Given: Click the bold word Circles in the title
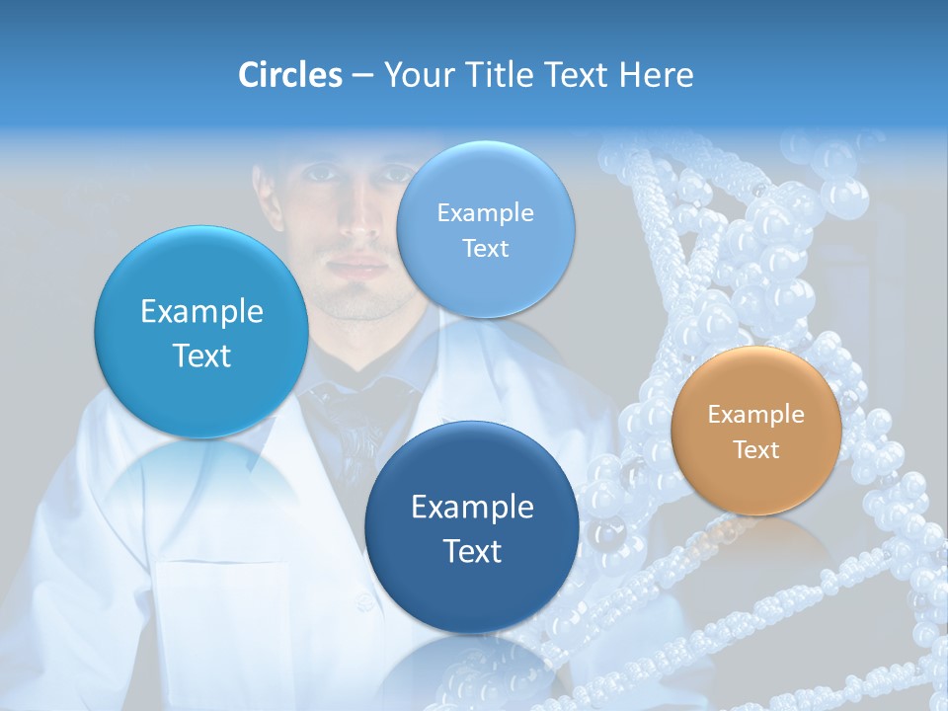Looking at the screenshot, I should coord(289,75).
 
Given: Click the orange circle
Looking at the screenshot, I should coord(756,431).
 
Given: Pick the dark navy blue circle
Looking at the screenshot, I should coord(472,527).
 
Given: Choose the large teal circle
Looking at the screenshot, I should coord(201,332).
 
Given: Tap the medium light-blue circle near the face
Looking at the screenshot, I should coord(485,229).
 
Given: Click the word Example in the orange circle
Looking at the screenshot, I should coord(756,415).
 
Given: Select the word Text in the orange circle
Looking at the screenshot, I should coord(756,450).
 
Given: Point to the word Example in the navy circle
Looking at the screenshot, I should coord(472,508).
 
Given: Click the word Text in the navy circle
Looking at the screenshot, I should coord(472,551).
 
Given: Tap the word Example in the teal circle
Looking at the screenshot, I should coord(201,312).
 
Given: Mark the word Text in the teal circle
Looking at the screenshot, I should coord(201,355).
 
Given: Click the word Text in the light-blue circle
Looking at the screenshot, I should coord(485,249).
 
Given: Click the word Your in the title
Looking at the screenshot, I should coord(414,75).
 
